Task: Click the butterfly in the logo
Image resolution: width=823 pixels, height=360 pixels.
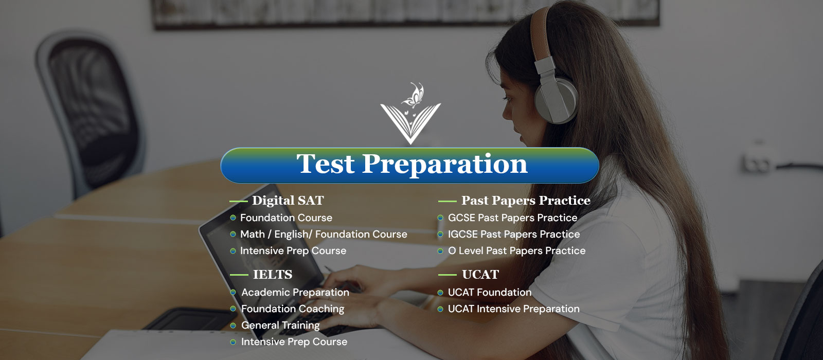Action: tap(413, 95)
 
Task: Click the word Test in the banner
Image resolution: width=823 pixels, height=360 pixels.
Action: tap(326, 164)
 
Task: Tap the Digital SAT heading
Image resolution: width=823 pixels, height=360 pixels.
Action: tap(288, 201)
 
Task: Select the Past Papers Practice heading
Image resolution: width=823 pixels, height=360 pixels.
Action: tap(526, 201)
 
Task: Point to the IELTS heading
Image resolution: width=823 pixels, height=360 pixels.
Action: tap(273, 275)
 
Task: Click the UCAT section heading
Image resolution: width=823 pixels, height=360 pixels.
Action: tap(480, 275)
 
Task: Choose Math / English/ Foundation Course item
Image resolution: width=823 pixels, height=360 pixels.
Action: tap(324, 235)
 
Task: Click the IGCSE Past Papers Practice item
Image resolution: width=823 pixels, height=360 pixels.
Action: tap(514, 235)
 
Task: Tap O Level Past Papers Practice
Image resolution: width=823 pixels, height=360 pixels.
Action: tap(516, 251)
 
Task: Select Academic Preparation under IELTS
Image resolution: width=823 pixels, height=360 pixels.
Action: tap(295, 293)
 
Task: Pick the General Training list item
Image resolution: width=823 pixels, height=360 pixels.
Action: tap(280, 326)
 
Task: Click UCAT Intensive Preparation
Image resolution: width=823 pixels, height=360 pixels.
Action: tap(514, 309)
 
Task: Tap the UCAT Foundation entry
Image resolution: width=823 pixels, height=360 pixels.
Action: tap(489, 293)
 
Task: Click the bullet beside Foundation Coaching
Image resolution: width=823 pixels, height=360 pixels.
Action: tap(233, 309)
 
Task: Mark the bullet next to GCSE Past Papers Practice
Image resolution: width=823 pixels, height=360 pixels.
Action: tap(440, 218)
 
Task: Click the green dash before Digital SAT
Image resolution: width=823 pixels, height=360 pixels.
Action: tap(239, 201)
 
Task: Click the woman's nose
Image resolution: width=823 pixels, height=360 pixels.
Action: tap(507, 111)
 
